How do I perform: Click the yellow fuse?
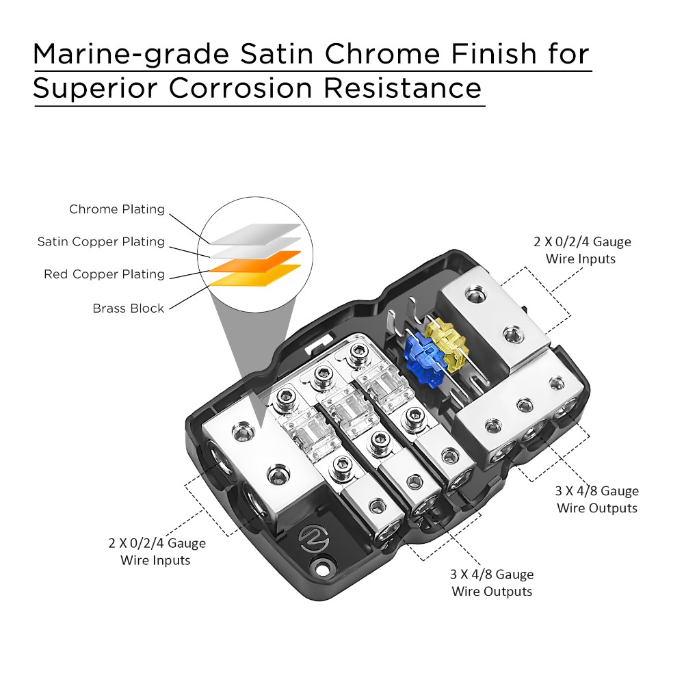[448, 342]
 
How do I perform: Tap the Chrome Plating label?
[117, 209]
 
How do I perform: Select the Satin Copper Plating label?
[101, 241]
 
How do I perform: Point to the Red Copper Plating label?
[105, 274]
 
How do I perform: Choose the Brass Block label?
[129, 308]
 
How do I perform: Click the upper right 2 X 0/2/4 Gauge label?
[582, 250]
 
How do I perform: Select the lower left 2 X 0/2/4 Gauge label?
[157, 552]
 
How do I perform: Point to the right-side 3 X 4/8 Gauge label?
[597, 499]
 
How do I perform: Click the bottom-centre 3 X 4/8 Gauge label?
[492, 583]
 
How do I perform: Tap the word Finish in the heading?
[505, 53]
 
